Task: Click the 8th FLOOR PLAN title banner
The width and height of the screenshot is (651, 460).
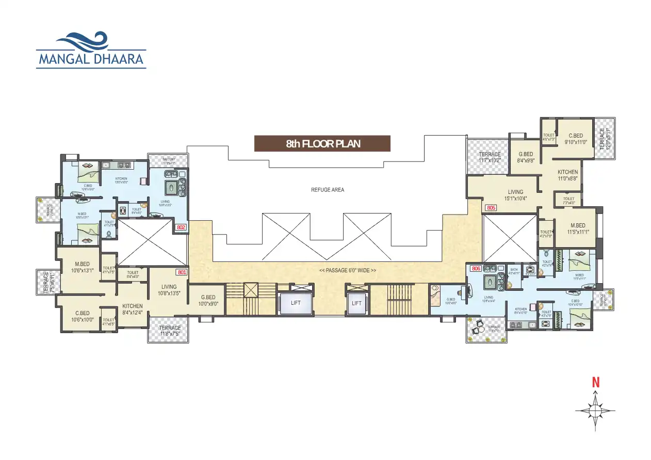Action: point(322,144)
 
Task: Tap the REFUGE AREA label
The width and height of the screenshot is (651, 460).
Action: point(327,190)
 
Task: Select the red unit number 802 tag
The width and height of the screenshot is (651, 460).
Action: point(181,227)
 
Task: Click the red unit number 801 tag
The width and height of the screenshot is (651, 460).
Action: point(181,272)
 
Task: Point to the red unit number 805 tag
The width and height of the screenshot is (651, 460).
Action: point(491,208)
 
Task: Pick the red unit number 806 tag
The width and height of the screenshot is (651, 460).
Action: point(476,268)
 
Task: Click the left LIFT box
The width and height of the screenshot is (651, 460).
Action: point(296,303)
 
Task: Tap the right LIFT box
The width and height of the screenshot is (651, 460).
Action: point(356,303)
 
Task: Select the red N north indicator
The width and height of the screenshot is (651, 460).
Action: point(596,383)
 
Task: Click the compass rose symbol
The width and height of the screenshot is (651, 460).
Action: point(595,411)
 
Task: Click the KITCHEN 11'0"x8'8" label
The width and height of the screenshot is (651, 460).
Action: point(567,175)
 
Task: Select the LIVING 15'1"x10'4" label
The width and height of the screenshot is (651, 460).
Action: point(515,195)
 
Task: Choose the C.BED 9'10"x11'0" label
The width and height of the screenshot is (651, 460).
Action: point(575,139)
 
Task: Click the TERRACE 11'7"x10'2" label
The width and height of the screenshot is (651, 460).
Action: point(490,157)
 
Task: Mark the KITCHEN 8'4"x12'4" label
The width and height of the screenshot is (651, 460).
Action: point(132,309)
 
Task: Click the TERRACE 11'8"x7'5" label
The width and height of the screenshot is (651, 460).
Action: point(169,331)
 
